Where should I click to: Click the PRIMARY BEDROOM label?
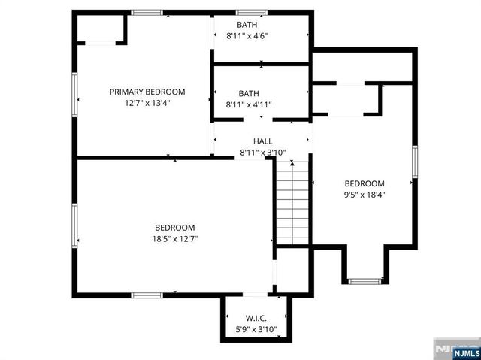coord(158,92)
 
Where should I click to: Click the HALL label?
coord(262,141)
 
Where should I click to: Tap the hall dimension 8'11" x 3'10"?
coord(262,152)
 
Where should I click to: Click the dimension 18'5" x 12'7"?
coord(174,239)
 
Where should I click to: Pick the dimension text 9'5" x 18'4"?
coord(365,195)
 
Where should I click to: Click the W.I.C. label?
coord(256,318)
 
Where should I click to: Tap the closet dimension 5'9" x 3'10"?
coord(256,329)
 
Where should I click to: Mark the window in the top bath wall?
coord(252,13)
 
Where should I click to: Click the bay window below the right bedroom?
coord(365,281)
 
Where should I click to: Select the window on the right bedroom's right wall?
coord(414,162)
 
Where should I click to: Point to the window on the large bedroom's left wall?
coord(74,224)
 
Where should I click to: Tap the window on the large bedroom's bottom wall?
coord(147,295)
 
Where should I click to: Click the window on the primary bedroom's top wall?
coord(147,13)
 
